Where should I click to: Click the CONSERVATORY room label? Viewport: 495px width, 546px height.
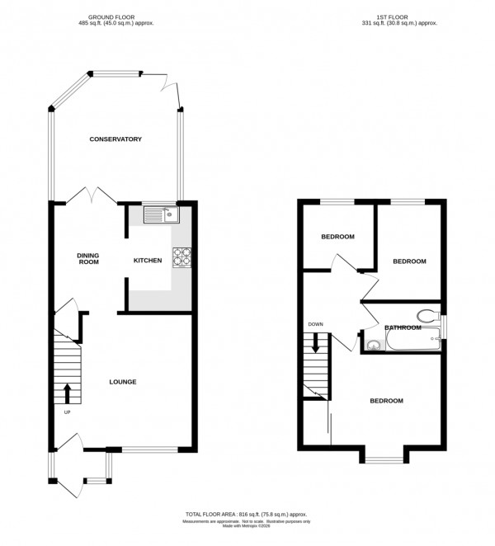[x=115, y=139]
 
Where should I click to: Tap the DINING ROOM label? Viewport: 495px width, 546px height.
[x=88, y=258]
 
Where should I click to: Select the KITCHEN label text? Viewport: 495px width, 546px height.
[x=148, y=261]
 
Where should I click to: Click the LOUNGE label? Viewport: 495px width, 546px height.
[x=122, y=382]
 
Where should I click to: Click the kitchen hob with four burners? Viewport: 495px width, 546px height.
[x=181, y=258]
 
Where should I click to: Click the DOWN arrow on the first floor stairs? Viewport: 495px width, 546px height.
[x=315, y=342]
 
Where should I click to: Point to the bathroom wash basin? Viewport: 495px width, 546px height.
[x=373, y=345]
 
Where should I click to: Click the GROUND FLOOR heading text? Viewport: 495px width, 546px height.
[x=122, y=17]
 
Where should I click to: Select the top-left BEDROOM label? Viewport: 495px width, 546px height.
[x=337, y=237]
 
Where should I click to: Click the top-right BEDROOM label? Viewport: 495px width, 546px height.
[x=408, y=261]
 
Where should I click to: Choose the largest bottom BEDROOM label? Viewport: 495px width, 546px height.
[x=385, y=401]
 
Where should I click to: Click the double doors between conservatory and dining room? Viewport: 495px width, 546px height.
[x=91, y=196]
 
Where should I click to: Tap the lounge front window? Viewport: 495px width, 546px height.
[x=149, y=450]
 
